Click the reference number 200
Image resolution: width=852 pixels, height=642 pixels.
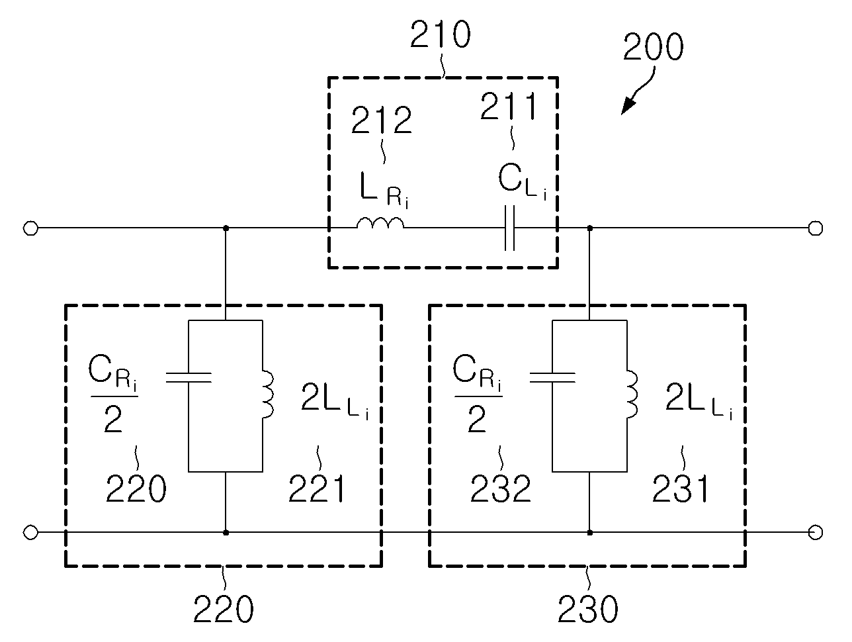click(653, 46)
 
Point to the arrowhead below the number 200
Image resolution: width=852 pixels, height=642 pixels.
click(628, 106)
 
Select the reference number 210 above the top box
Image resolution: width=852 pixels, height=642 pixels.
click(440, 34)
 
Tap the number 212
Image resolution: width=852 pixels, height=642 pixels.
click(381, 120)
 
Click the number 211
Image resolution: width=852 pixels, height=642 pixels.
click(509, 106)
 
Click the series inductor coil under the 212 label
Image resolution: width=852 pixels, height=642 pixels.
click(380, 223)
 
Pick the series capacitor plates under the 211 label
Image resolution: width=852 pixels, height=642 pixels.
click(509, 228)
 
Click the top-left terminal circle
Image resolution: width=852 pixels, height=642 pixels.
click(30, 228)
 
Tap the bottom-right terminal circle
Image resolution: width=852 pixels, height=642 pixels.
click(815, 532)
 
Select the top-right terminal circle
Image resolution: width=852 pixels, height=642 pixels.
click(815, 228)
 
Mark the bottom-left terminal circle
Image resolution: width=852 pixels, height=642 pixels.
click(30, 532)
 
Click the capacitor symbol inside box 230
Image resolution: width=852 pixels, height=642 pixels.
click(552, 377)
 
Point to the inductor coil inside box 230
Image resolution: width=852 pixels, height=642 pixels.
click(632, 394)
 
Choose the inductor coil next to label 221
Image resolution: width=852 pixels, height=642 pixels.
click(268, 394)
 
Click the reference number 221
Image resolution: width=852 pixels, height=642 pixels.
click(316, 488)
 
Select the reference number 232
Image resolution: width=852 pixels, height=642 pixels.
click(500, 488)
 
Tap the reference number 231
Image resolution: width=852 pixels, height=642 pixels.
click(681, 488)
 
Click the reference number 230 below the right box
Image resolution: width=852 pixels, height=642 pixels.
click(587, 609)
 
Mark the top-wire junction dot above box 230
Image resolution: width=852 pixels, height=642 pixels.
click(589, 228)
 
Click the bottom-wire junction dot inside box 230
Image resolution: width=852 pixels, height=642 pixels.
click(589, 532)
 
